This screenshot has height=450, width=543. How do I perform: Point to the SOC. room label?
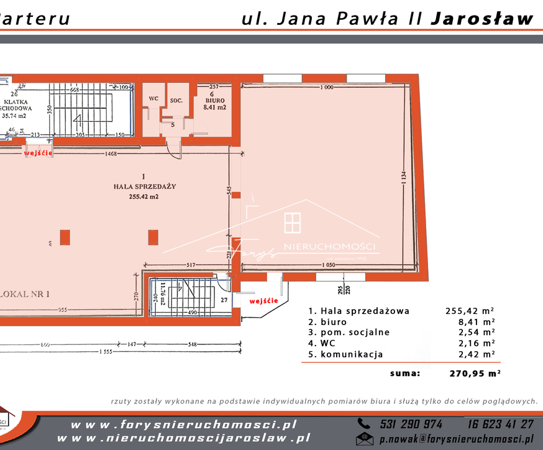coord(176,99)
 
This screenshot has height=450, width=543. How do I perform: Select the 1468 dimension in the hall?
coord(111,153)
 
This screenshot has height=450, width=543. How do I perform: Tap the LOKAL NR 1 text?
coord(26,294)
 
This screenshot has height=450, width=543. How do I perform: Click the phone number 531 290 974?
coord(411,424)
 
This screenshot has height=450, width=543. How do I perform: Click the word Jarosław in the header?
coord(481,19)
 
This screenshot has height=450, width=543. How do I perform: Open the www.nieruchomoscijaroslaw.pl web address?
coord(183,438)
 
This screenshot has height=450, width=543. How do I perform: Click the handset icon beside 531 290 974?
coord(363,424)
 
